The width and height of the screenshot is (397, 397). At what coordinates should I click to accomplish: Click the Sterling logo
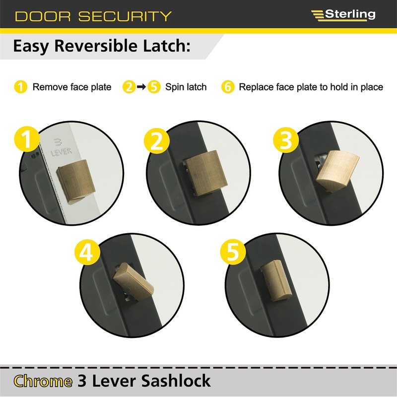[x=343, y=14]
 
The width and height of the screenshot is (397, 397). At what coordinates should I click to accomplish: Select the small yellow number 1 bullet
[x=20, y=87]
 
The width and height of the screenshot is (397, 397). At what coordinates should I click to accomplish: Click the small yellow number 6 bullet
[x=227, y=87]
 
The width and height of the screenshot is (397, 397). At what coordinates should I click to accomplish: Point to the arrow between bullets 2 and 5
[x=141, y=87]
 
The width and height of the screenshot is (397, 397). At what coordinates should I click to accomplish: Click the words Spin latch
[x=186, y=87]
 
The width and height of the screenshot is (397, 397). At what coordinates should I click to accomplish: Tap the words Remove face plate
[x=72, y=87]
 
